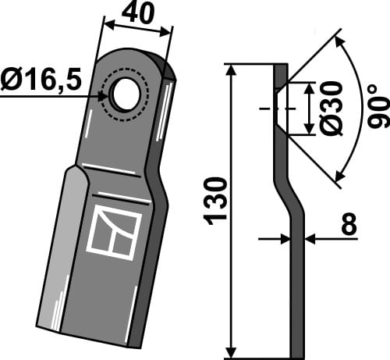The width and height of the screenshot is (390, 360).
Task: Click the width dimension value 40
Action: point(138,13)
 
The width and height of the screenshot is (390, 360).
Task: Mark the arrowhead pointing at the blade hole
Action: point(105,94)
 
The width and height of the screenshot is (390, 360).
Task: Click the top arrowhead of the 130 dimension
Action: point(232,70)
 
